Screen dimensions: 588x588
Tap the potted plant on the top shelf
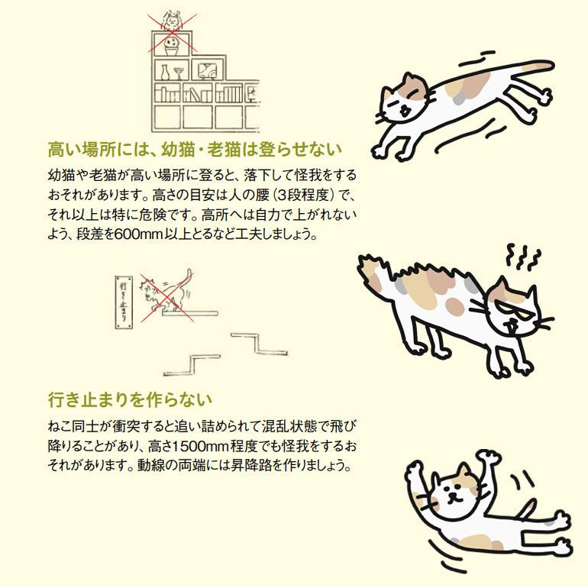point(173,45)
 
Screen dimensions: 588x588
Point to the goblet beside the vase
point(179,72)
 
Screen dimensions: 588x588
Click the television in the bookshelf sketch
point(207,70)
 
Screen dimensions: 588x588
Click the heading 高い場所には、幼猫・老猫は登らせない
point(194,148)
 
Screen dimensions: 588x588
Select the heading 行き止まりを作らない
point(129,399)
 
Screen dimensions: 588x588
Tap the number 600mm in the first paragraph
point(146,234)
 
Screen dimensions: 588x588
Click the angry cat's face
point(512,309)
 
